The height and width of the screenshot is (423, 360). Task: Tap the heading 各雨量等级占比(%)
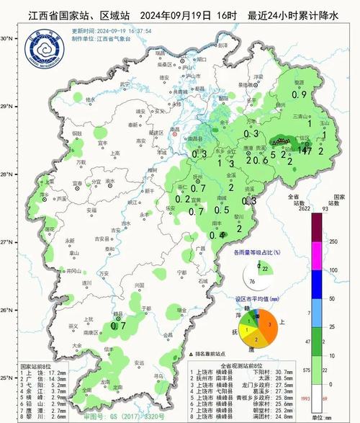pyautogui.click(x=256, y=252)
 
